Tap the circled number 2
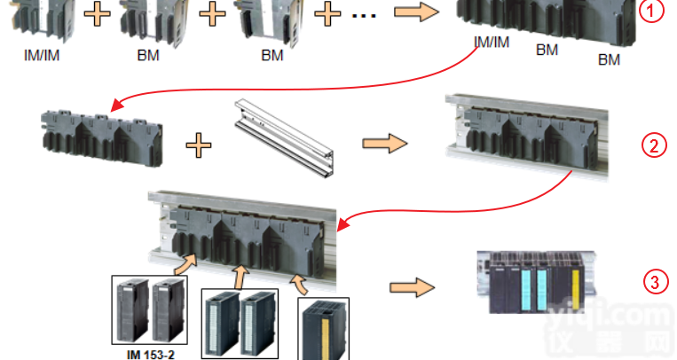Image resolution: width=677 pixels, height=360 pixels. click(654, 145)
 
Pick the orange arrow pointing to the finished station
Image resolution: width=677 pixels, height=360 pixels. click(411, 286)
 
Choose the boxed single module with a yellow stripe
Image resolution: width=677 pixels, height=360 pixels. click(323, 329)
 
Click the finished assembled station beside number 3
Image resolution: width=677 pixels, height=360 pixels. click(531, 281)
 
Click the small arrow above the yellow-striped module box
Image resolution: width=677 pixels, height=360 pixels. click(299, 282)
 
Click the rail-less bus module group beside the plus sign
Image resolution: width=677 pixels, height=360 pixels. click(100, 138)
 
